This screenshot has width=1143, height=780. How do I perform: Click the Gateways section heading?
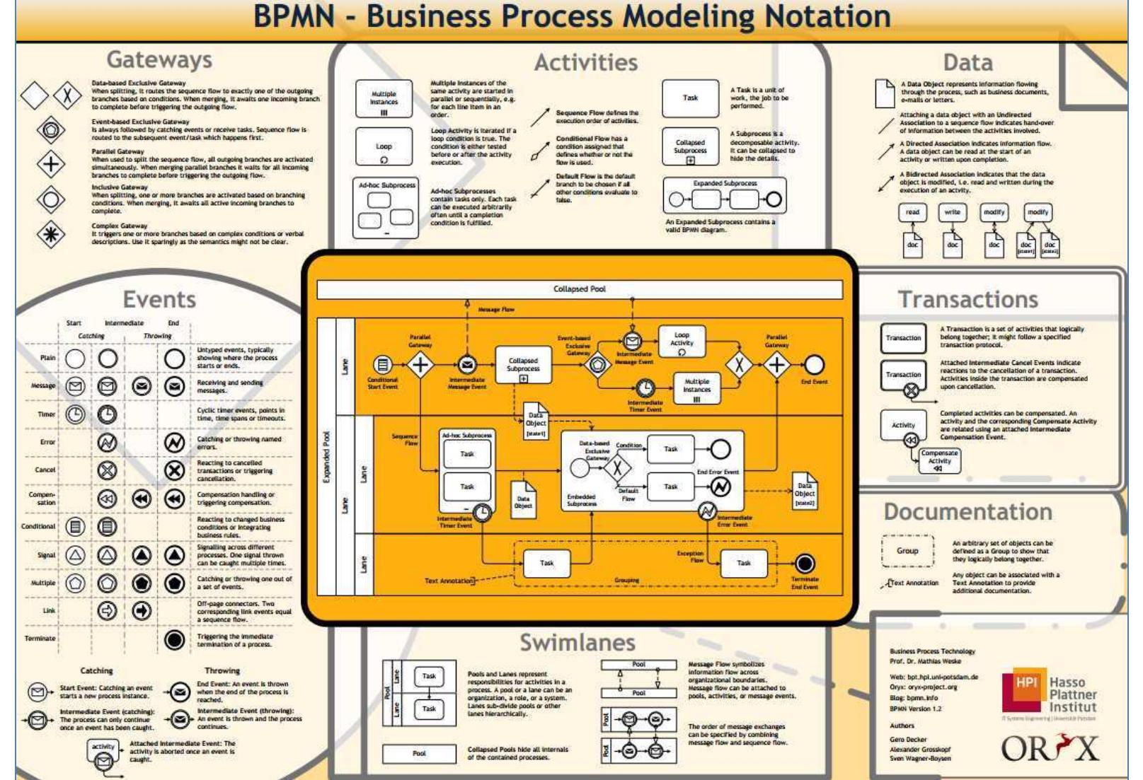(x=159, y=60)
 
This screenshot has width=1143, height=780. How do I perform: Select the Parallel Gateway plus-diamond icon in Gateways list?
(x=51, y=165)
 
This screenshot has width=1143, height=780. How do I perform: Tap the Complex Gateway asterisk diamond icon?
(x=51, y=235)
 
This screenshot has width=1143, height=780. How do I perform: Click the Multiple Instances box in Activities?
(x=384, y=99)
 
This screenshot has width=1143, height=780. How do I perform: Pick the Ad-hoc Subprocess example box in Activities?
(x=385, y=208)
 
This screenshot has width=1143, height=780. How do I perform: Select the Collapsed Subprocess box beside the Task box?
(x=690, y=147)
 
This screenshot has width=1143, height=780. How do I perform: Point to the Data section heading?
(x=967, y=62)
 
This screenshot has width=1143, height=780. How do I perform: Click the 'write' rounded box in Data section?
(x=953, y=212)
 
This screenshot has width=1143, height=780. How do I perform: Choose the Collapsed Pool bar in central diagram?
(x=579, y=289)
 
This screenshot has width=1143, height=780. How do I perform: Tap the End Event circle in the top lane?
(x=814, y=364)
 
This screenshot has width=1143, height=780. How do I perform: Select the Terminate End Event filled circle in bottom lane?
(x=805, y=564)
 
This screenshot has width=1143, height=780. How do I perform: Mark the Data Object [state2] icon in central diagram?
(x=804, y=491)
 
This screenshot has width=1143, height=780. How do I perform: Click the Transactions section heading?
(x=967, y=299)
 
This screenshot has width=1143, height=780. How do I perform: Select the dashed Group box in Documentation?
(x=907, y=551)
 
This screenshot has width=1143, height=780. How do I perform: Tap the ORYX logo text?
(x=1050, y=748)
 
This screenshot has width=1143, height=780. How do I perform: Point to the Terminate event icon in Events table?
(x=175, y=639)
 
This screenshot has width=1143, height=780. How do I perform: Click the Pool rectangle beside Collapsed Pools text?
(x=419, y=753)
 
